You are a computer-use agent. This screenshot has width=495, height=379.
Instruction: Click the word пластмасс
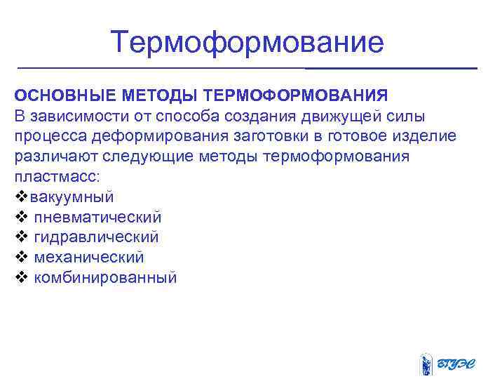(55, 176)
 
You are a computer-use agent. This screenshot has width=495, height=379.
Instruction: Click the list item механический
(88, 258)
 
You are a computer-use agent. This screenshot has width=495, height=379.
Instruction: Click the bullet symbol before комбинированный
(20, 278)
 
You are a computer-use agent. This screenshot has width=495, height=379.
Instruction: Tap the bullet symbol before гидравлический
(20, 237)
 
